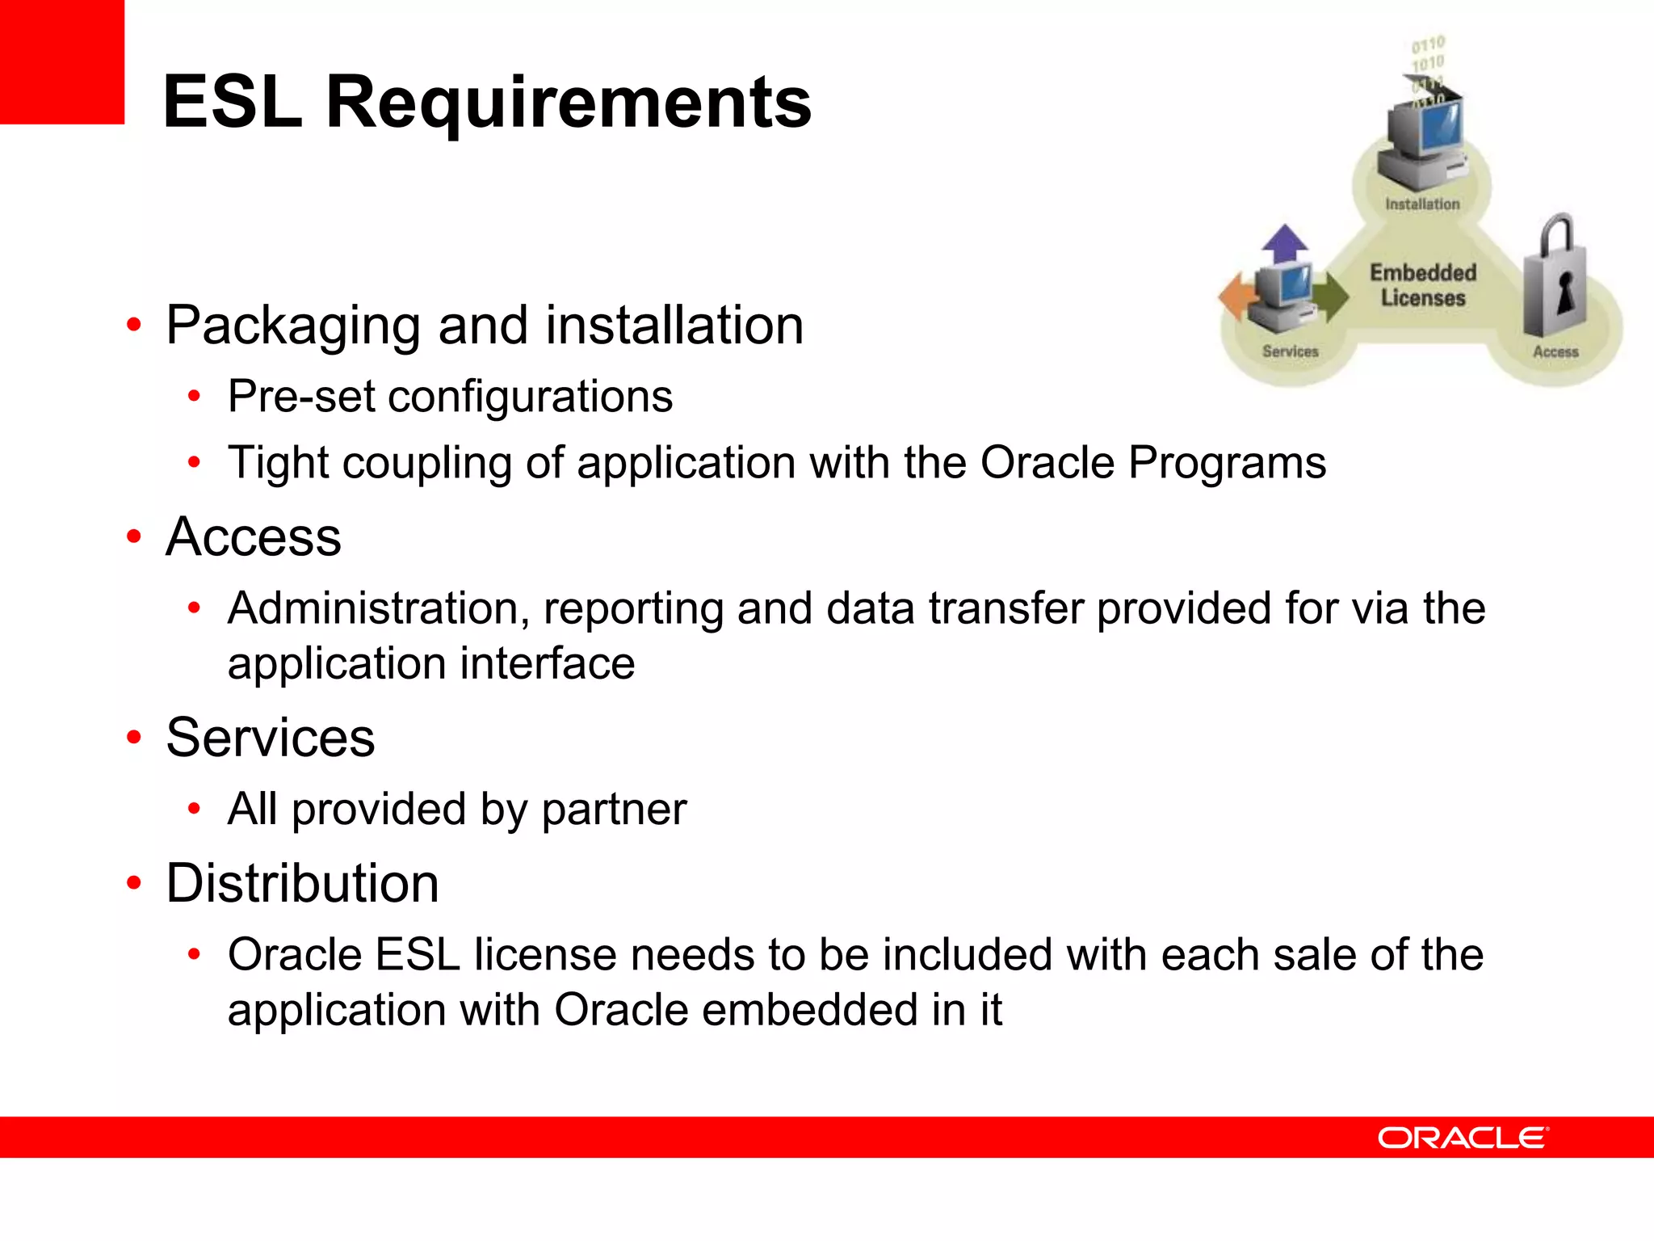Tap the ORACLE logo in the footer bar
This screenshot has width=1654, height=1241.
click(x=1463, y=1138)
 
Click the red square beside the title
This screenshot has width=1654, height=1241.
click(x=61, y=61)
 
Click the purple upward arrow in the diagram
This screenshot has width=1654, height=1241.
click(x=1284, y=242)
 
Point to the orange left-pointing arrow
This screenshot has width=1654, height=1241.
click(x=1235, y=297)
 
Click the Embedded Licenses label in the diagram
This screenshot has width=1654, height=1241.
click(x=1422, y=285)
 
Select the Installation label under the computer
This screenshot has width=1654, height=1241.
click(x=1422, y=204)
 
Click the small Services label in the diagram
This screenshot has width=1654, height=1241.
click(x=1290, y=351)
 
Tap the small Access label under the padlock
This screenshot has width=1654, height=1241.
click(x=1555, y=351)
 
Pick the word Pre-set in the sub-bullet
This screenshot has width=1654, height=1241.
click(x=301, y=397)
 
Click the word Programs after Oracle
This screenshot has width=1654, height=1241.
click(x=1227, y=463)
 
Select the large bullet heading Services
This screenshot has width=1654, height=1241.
click(x=270, y=738)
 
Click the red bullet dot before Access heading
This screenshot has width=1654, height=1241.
click(x=134, y=536)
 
